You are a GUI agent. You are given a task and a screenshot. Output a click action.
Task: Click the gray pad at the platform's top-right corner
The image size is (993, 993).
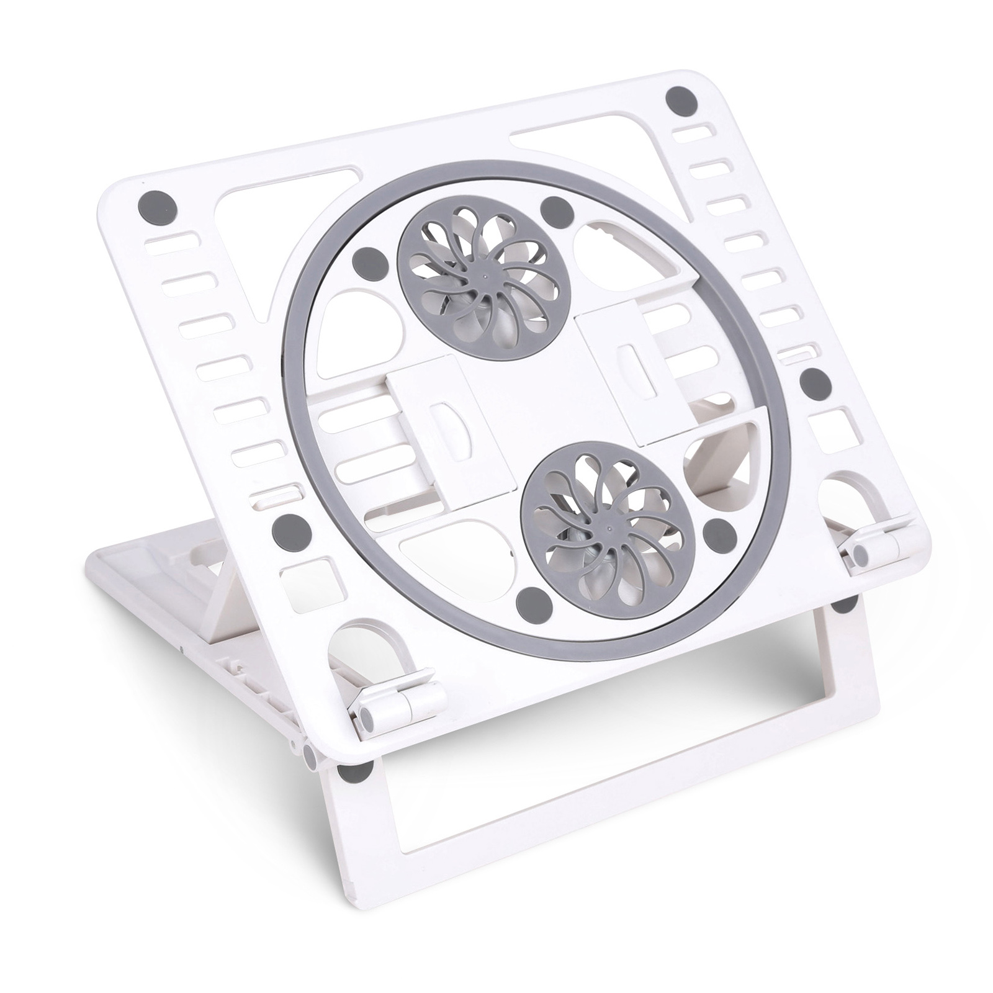click(681, 99)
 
